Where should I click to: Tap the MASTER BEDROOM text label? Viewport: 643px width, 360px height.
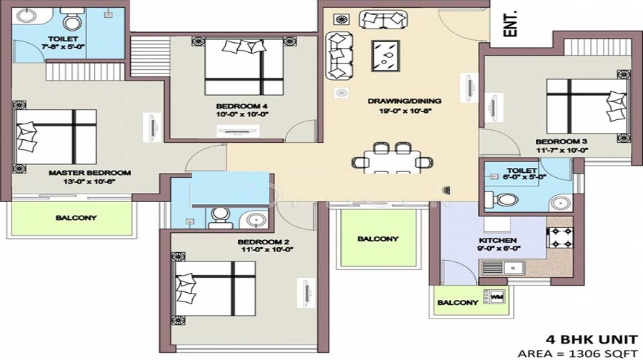point(89,173)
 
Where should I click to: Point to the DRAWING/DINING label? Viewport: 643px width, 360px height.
point(404,101)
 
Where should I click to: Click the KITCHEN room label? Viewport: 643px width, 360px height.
point(499,240)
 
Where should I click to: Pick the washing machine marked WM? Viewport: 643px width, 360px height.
point(496,295)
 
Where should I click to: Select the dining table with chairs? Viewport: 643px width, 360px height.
point(391,159)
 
